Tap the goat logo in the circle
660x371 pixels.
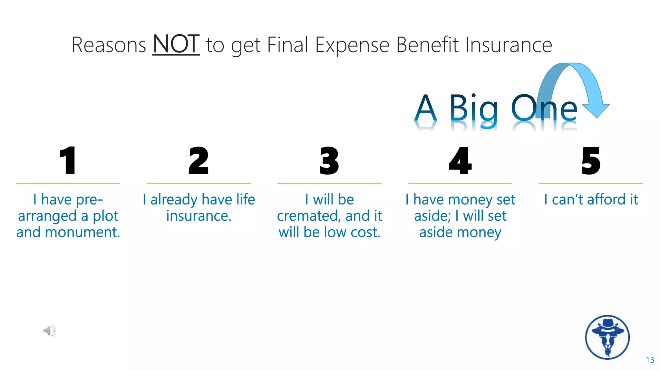tap(607, 337)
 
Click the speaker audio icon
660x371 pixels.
tap(50, 331)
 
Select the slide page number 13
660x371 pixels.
tap(650, 360)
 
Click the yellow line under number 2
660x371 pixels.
tap(199, 183)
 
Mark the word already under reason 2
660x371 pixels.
tap(174, 200)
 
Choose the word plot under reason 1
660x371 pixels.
tap(106, 216)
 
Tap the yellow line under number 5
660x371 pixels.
tap(591, 183)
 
